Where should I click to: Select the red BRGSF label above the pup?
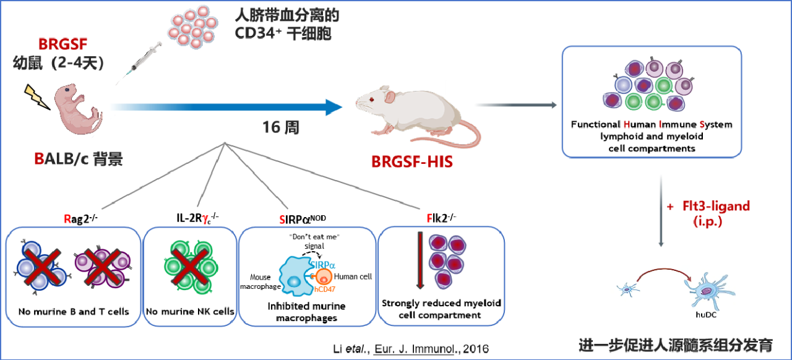pyautogui.click(x=62, y=45)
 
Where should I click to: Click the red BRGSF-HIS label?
pyautogui.click(x=411, y=163)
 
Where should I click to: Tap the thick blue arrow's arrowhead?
pyautogui.click(x=334, y=107)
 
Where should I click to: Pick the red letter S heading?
pyautogui.click(x=283, y=218)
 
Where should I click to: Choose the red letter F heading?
pyautogui.click(x=429, y=218)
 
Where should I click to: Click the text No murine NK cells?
pyautogui.click(x=190, y=311)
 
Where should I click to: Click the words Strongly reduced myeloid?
pyautogui.click(x=441, y=304)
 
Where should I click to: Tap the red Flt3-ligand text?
pyautogui.click(x=715, y=206)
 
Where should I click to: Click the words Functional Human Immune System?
pyautogui.click(x=652, y=124)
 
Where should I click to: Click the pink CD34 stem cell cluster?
pyautogui.click(x=193, y=28)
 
